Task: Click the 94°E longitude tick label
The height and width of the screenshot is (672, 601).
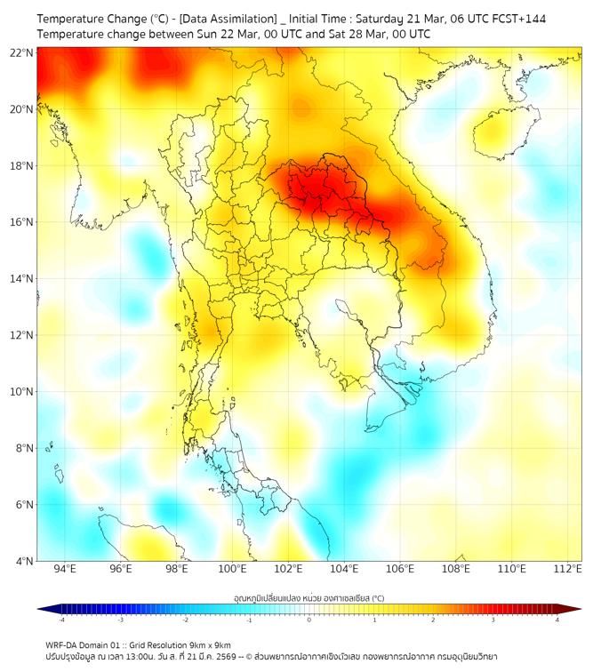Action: [65, 570]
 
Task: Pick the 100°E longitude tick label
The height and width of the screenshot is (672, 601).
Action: [232, 570]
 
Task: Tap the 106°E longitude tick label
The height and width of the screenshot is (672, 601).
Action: [400, 570]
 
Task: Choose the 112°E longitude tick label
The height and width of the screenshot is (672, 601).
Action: [567, 570]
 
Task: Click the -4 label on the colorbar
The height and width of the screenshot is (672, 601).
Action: [61, 620]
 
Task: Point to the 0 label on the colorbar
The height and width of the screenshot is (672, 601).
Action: [309, 620]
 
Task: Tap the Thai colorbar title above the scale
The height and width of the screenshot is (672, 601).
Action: [309, 597]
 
